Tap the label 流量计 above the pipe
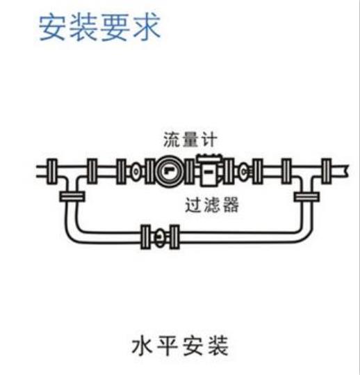(x=190, y=139)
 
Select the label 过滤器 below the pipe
(x=212, y=205)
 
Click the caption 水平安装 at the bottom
(x=180, y=346)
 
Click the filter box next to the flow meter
(x=209, y=170)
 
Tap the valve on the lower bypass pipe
(x=160, y=237)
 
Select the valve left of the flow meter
(x=136, y=171)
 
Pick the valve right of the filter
(x=244, y=171)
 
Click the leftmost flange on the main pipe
(x=51, y=171)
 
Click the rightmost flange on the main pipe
(x=327, y=171)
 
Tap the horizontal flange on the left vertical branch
(x=72, y=197)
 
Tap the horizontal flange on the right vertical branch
(x=306, y=197)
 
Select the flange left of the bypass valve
(x=146, y=237)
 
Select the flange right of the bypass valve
(x=174, y=237)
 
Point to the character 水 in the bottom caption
(x=142, y=346)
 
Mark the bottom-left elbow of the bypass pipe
(x=72, y=233)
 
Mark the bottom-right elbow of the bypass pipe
(x=305, y=233)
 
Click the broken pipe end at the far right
(x=346, y=171)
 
